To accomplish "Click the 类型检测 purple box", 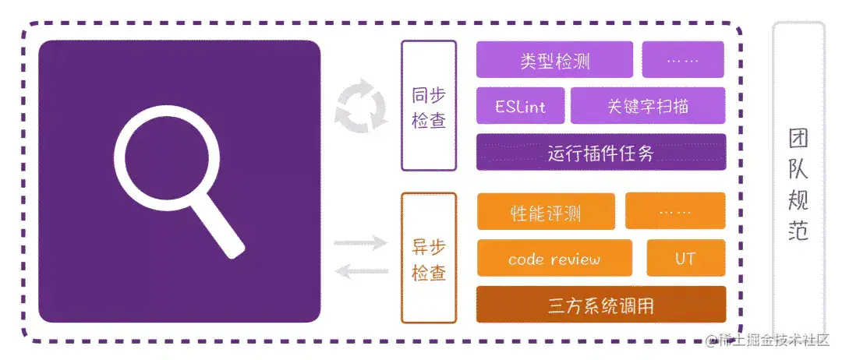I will point(554,60).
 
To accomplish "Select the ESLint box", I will point(520,106).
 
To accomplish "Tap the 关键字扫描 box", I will point(648,106).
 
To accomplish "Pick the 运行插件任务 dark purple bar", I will point(600,153).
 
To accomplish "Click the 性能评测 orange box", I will point(545,212).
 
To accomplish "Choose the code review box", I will point(554,259).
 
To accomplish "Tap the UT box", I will point(685,259).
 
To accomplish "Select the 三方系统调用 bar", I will point(600,305).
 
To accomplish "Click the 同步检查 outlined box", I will point(428,106).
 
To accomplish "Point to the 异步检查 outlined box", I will point(428,259).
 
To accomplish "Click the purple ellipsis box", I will point(683,60).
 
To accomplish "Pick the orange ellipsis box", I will point(674,212).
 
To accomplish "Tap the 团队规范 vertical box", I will point(798,183).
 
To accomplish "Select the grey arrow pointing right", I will point(361,243).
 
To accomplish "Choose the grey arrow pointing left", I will point(361,271).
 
